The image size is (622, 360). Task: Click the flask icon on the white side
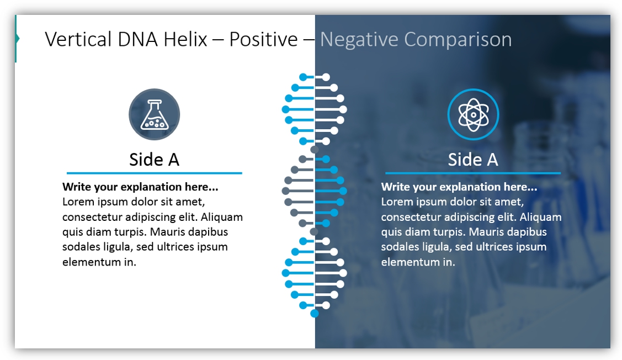(x=155, y=114)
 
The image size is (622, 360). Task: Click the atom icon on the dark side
(x=473, y=114)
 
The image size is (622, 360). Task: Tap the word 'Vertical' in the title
(x=78, y=39)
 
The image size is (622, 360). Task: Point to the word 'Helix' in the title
(x=185, y=39)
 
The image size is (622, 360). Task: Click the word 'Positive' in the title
(x=263, y=39)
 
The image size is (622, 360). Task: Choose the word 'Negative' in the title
(x=359, y=40)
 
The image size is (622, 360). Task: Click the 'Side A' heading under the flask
(x=155, y=160)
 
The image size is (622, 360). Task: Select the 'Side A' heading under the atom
(x=473, y=160)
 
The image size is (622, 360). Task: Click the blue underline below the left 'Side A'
(x=155, y=173)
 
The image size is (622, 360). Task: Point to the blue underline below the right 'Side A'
(x=473, y=173)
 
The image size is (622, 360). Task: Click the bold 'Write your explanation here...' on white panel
(x=140, y=187)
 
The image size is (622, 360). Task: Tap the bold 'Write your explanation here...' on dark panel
(x=459, y=187)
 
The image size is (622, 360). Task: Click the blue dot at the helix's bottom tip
(x=314, y=314)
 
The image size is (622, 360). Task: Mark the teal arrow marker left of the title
(x=17, y=39)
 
